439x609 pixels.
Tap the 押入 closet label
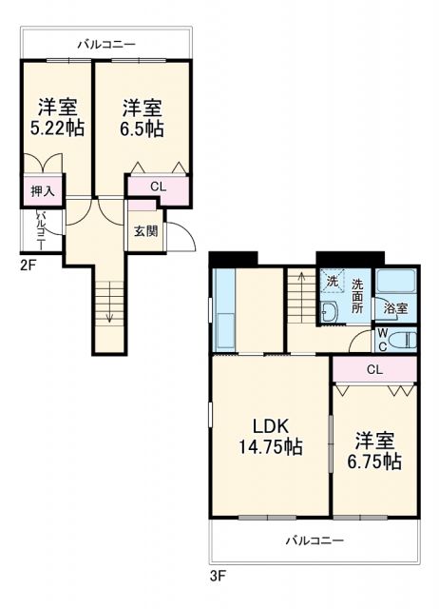click(x=42, y=191)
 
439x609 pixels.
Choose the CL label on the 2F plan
click(x=158, y=187)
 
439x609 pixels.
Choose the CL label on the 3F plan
click(x=374, y=369)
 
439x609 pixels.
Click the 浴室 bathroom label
click(x=395, y=308)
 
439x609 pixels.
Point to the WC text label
click(x=382, y=339)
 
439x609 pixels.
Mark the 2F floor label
click(x=29, y=265)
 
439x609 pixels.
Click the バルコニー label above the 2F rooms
click(x=105, y=45)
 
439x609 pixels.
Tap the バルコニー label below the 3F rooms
click(x=315, y=540)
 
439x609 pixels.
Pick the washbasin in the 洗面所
click(x=328, y=311)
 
